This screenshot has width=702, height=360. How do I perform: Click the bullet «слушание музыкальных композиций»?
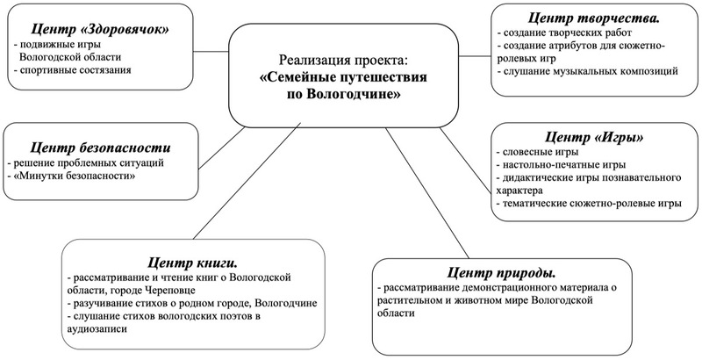pyautogui.click(x=591, y=69)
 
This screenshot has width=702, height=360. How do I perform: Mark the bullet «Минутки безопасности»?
pyautogui.click(x=74, y=177)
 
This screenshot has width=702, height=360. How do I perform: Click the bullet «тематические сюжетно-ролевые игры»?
pyautogui.click(x=591, y=203)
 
